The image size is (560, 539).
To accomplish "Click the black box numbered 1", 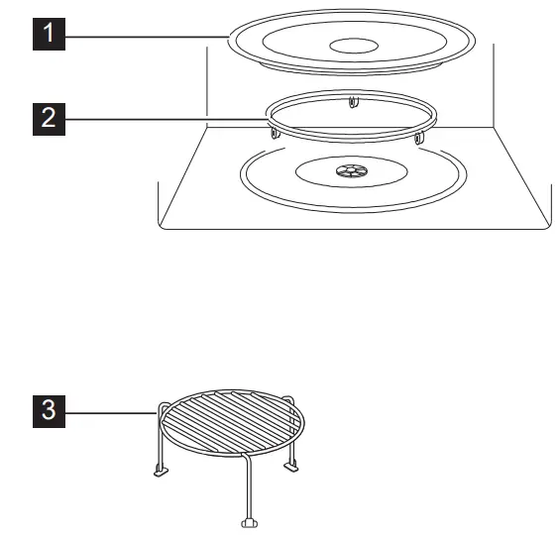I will [x=50, y=37].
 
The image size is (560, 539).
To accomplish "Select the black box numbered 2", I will [x=50, y=120].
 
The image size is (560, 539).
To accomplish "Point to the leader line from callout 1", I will [x=149, y=37].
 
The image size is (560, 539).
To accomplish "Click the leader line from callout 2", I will [x=168, y=120].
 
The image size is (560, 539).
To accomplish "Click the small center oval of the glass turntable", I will [x=353, y=45].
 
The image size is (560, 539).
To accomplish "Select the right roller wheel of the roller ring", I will [x=419, y=137].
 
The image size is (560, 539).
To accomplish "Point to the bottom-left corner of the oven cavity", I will [x=161, y=226].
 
